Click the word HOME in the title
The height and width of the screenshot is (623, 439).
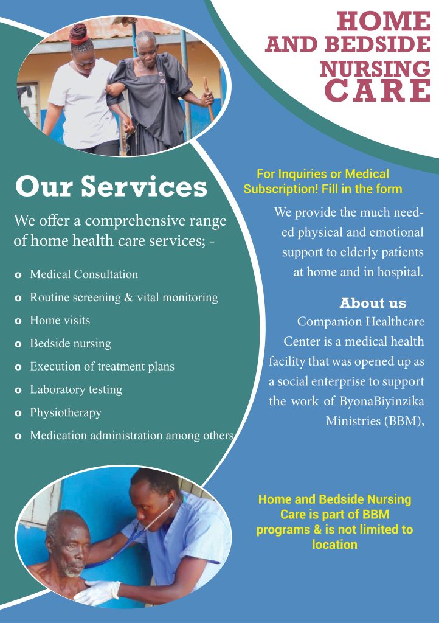click(384, 21)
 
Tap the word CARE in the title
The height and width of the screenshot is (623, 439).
click(378, 90)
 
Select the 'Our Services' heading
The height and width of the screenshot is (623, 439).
click(111, 186)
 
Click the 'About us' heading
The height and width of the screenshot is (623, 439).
click(373, 303)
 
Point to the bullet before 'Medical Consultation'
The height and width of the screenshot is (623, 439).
click(18, 275)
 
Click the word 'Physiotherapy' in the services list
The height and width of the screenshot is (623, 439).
click(66, 413)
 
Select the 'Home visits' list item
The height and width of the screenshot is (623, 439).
click(60, 320)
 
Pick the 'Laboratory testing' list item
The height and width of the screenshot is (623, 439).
click(76, 390)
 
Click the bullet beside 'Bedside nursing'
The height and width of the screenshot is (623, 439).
click(18, 344)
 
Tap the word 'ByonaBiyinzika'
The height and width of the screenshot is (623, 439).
click(382, 401)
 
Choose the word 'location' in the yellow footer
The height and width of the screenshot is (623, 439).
click(334, 545)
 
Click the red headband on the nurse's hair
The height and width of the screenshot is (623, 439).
click(78, 40)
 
